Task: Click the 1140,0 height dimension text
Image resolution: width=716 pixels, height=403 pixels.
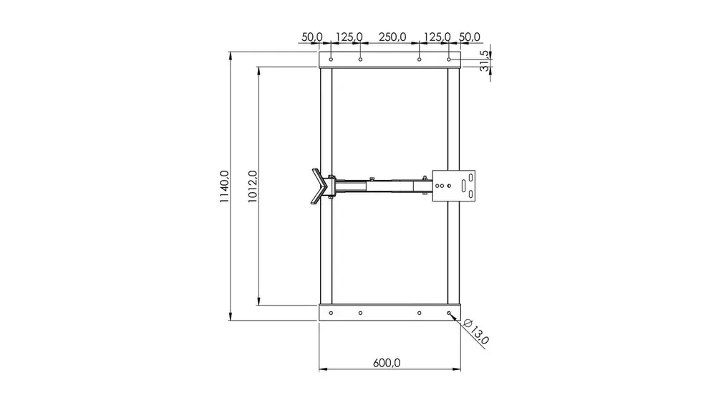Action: click(223, 186)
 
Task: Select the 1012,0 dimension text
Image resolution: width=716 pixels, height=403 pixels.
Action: click(253, 186)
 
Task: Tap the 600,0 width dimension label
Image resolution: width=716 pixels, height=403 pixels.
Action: click(387, 363)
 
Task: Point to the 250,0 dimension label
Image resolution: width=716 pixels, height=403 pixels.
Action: click(392, 37)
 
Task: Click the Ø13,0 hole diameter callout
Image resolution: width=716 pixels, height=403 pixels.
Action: click(476, 331)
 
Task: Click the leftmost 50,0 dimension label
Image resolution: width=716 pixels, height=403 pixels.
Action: click(312, 37)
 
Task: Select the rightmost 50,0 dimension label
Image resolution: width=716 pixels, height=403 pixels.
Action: click(470, 37)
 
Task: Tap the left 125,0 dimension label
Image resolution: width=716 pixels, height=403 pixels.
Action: click(349, 37)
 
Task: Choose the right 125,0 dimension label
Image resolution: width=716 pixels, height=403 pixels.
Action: click(437, 37)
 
